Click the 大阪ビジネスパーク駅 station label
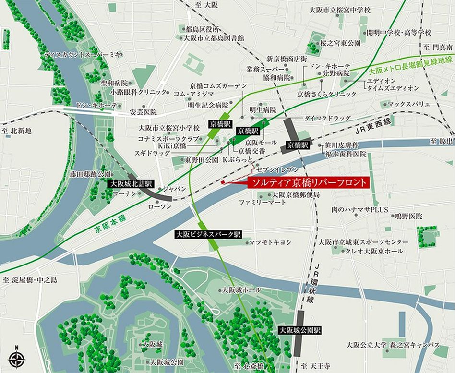coord(208,234)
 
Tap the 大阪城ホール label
coord(241,290)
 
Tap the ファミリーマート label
coord(263,203)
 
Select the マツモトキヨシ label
coord(270,242)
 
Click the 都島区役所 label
coord(203,29)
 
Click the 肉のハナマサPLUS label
coord(359,210)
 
